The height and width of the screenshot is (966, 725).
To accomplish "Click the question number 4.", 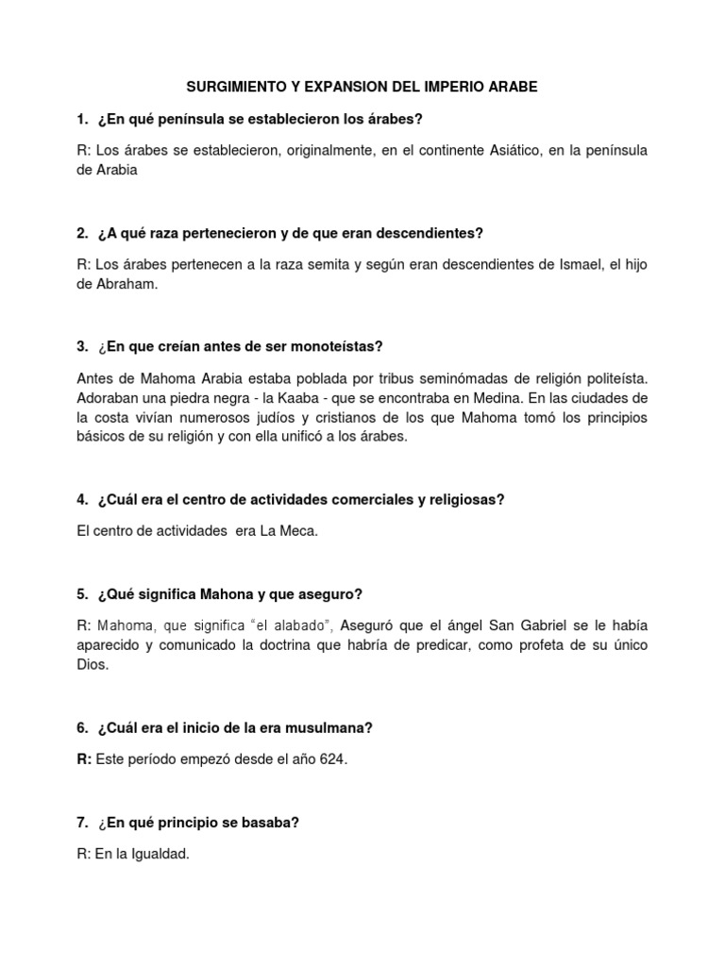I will pos(82,500).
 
